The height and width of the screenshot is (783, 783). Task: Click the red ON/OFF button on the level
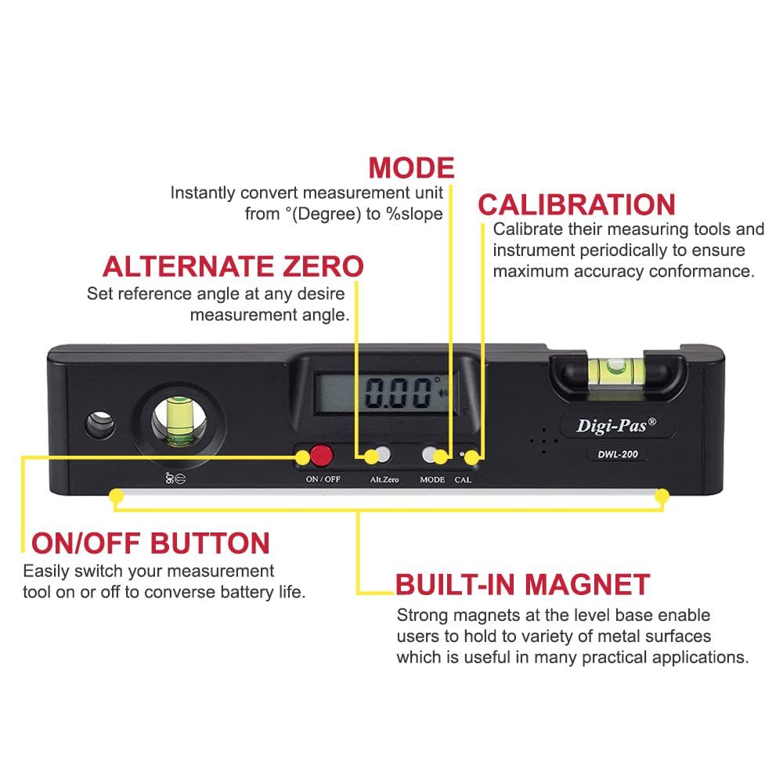pyautogui.click(x=320, y=454)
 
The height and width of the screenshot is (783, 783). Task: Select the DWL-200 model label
pyautogui.click(x=607, y=456)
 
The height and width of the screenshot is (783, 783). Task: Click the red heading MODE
pyautogui.click(x=411, y=168)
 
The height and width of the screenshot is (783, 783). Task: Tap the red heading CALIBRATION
pyautogui.click(x=576, y=204)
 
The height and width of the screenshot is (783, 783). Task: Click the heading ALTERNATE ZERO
pyautogui.click(x=233, y=266)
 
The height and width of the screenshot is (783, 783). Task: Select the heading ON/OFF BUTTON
pyautogui.click(x=150, y=543)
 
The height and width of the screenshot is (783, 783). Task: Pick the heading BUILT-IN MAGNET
pyautogui.click(x=522, y=584)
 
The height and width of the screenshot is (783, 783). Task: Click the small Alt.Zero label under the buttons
pyautogui.click(x=384, y=479)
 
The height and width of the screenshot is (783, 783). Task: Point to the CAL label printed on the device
pyautogui.click(x=463, y=479)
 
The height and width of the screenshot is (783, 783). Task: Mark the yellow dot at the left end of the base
pyautogui.click(x=116, y=496)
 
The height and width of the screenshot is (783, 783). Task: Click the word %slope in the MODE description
pyautogui.click(x=413, y=214)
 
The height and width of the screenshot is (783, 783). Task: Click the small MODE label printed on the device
pyautogui.click(x=431, y=479)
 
